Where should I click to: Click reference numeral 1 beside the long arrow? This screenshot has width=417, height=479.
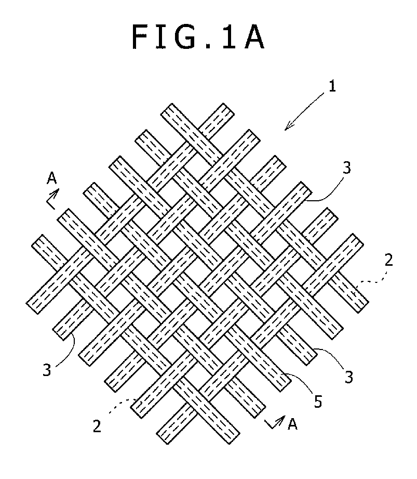click(332, 86)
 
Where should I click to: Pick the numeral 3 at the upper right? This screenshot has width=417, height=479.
click(347, 167)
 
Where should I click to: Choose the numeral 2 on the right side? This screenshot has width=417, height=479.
click(388, 260)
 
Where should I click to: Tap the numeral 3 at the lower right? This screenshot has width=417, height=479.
click(348, 377)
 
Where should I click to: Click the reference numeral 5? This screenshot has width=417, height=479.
click(318, 402)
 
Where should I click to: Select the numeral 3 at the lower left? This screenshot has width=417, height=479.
click(47, 370)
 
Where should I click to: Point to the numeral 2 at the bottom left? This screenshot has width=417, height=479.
click(97, 426)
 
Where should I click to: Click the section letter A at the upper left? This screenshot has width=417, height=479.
click(52, 178)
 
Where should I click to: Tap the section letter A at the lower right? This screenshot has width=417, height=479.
click(292, 424)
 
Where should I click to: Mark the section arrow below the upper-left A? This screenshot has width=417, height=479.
click(52, 199)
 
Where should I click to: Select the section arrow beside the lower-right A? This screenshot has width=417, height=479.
click(275, 422)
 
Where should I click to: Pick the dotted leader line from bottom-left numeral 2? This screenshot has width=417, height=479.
click(122, 405)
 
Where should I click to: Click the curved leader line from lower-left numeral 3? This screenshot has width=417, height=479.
click(70, 351)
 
